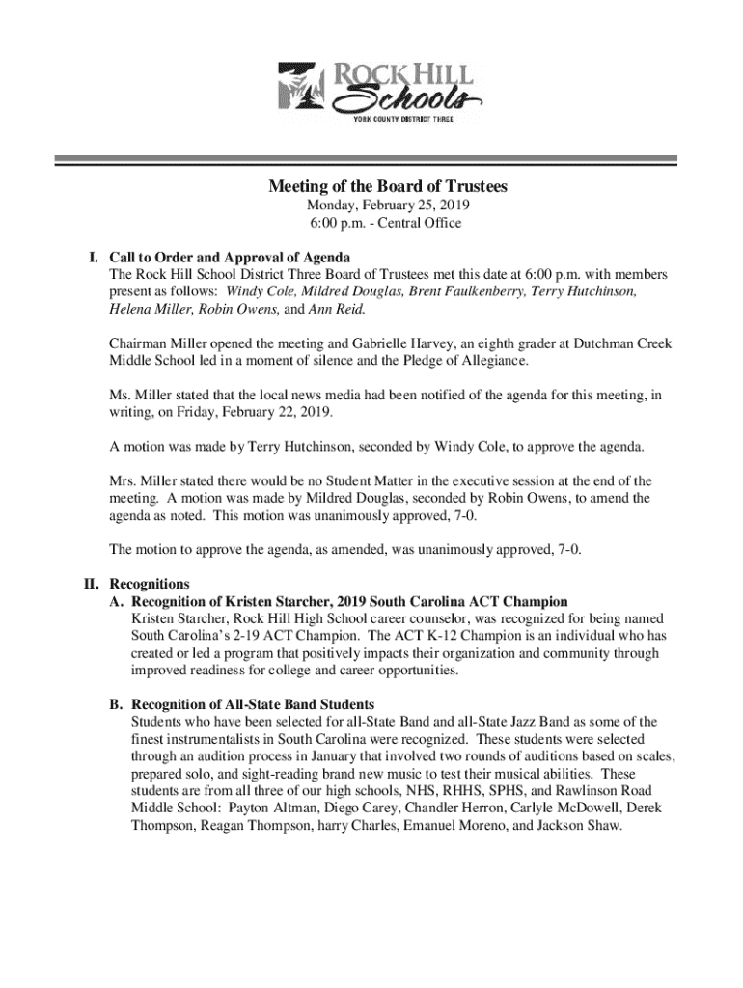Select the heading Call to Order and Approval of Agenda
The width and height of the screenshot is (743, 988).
230,258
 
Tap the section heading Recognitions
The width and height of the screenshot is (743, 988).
150,584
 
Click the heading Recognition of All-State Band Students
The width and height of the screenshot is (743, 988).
252,704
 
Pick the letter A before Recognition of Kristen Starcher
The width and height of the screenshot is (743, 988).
116,601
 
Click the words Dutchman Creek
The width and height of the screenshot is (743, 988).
623,344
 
